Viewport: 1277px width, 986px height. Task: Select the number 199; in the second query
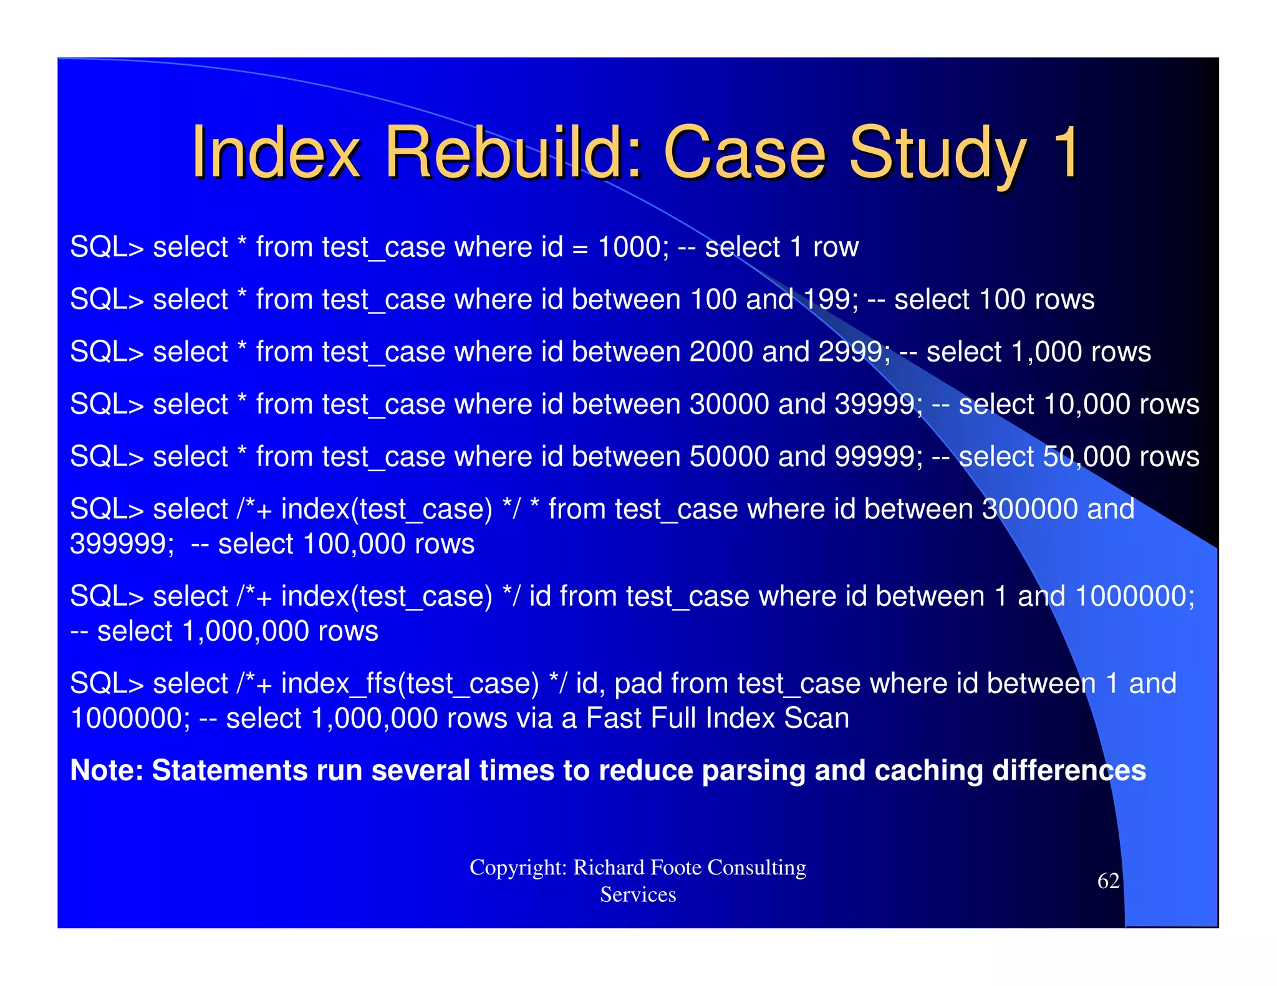pyautogui.click(x=830, y=300)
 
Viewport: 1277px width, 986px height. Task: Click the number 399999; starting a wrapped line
pyautogui.click(x=122, y=544)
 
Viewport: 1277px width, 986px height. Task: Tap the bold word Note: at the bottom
pyautogui.click(x=107, y=771)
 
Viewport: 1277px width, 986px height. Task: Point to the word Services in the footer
pyautogui.click(x=638, y=895)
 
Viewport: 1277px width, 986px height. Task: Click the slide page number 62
pyautogui.click(x=1108, y=881)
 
